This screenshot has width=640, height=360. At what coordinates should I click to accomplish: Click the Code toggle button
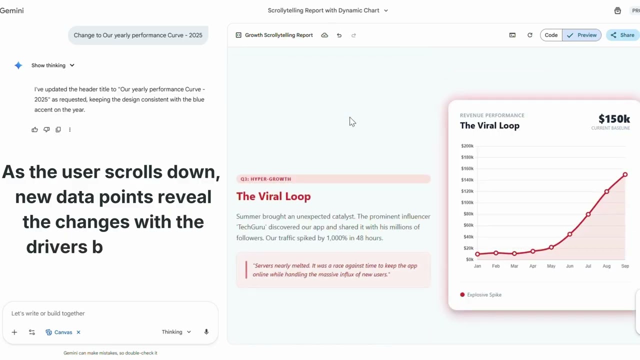pyautogui.click(x=551, y=35)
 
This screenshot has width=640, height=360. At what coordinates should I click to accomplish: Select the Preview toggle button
pyautogui.click(x=582, y=35)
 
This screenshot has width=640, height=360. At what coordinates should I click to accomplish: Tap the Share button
pyautogui.click(x=622, y=35)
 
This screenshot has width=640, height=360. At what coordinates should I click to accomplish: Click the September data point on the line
pyautogui.click(x=625, y=174)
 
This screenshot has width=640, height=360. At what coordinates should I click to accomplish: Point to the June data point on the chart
pyautogui.click(x=569, y=234)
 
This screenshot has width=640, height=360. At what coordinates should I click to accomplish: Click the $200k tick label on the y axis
pyautogui.click(x=467, y=146)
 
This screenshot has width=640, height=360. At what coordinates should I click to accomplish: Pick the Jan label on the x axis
pyautogui.click(x=477, y=266)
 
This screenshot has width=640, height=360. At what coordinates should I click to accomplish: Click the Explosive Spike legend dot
pyautogui.click(x=462, y=294)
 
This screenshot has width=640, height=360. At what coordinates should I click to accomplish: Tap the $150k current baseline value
pyautogui.click(x=614, y=119)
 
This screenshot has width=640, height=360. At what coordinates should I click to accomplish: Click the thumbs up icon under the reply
pyautogui.click(x=34, y=129)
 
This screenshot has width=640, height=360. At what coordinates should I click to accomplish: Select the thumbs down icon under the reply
pyautogui.click(x=46, y=129)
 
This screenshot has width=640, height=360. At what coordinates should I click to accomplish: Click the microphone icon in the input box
pyautogui.click(x=206, y=332)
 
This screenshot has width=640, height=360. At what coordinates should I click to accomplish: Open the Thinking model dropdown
pyautogui.click(x=176, y=332)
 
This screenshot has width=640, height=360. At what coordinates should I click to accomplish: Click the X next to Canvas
pyautogui.click(x=78, y=332)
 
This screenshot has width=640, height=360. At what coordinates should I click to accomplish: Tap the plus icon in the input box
pyautogui.click(x=14, y=332)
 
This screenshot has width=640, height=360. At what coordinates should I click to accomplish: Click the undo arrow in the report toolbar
pyautogui.click(x=339, y=35)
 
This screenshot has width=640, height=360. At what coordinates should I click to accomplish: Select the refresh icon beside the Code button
pyautogui.click(x=530, y=35)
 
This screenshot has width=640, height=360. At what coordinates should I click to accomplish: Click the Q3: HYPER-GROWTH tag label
pyautogui.click(x=265, y=179)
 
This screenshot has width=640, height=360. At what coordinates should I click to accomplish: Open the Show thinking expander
pyautogui.click(x=52, y=65)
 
